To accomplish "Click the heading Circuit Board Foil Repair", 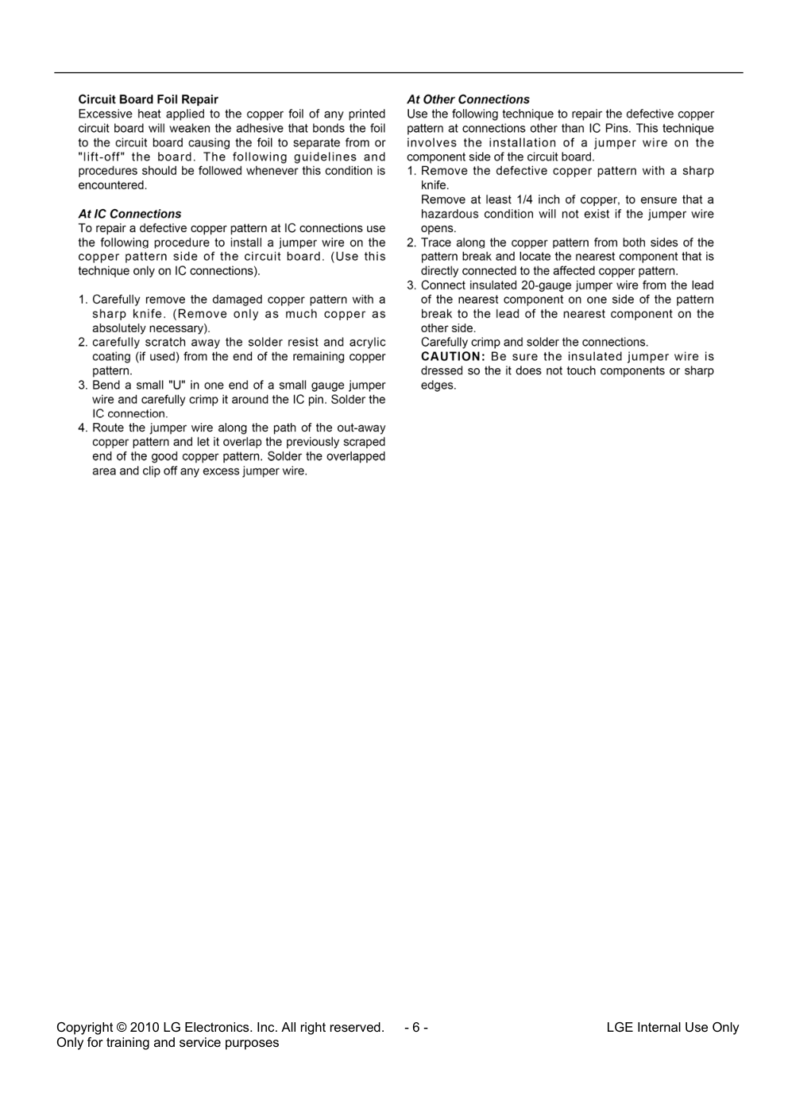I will click(148, 99).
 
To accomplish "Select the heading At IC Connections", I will click(129, 214).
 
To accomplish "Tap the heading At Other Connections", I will click(468, 99).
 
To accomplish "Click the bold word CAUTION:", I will click(452, 356).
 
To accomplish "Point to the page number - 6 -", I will click(416, 1027).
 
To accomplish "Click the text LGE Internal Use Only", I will click(672, 1027).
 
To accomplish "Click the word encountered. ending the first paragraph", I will click(112, 185).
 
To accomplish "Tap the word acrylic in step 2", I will click(368, 343).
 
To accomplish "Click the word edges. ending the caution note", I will click(438, 386).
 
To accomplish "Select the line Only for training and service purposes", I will click(168, 1042).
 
